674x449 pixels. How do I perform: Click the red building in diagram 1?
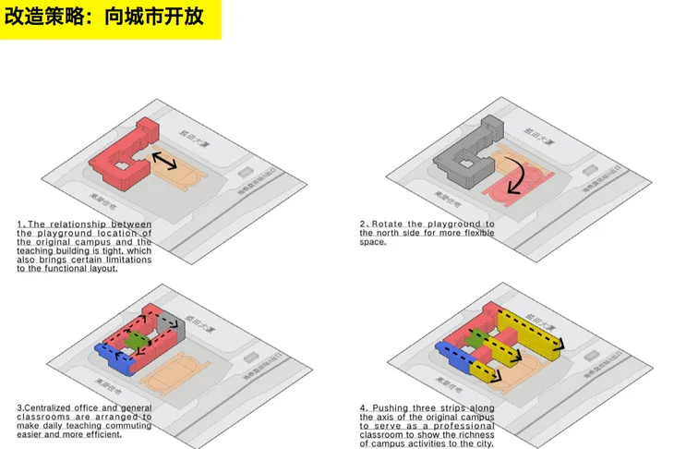[120, 152]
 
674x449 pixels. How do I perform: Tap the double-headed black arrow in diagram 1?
[165, 161]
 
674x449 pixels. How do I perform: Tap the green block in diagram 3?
[137, 339]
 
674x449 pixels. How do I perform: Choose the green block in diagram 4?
[475, 339]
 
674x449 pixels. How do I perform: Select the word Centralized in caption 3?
[48, 407]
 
